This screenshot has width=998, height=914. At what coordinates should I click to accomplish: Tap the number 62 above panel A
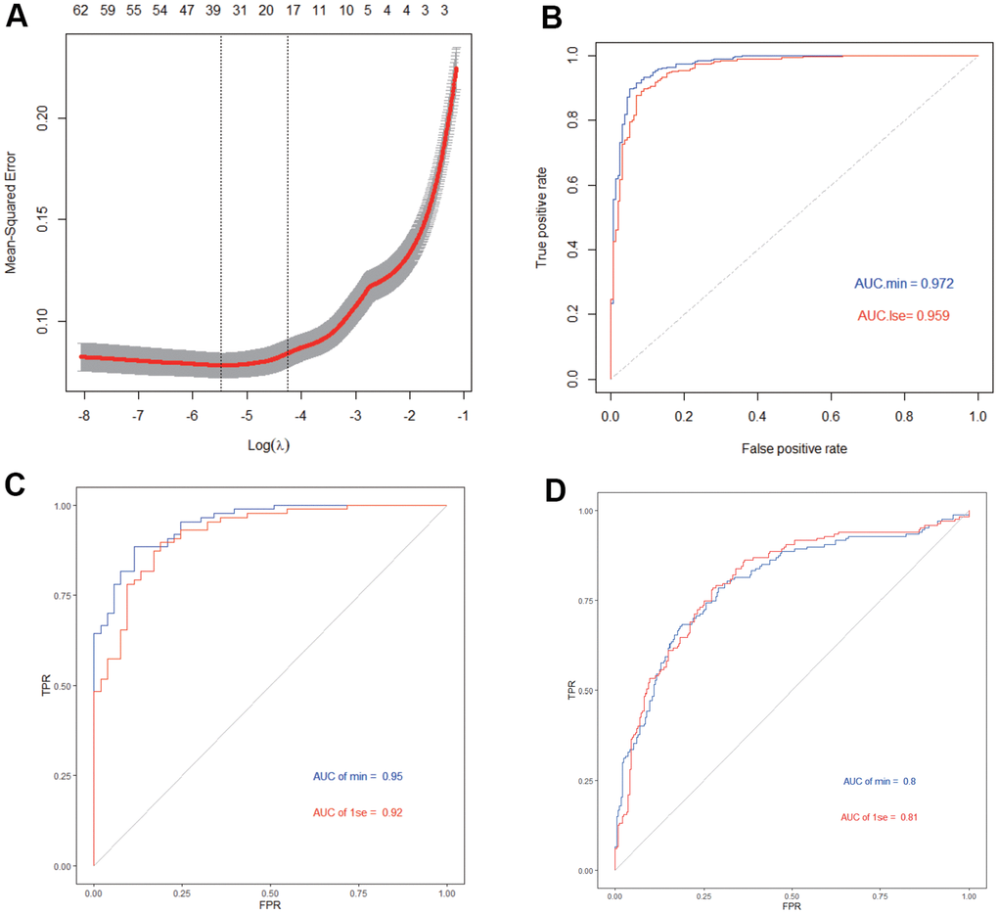(x=81, y=12)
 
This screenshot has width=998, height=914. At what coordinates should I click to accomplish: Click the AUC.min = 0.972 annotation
(x=903, y=284)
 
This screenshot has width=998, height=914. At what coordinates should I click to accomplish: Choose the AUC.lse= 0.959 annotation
(x=903, y=316)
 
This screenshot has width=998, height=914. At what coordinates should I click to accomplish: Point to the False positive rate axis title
(x=794, y=447)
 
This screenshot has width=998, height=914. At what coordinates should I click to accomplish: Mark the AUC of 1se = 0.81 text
(x=878, y=816)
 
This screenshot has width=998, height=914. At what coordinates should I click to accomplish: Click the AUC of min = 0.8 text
(x=878, y=782)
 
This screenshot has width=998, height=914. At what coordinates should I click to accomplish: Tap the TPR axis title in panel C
(x=45, y=686)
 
